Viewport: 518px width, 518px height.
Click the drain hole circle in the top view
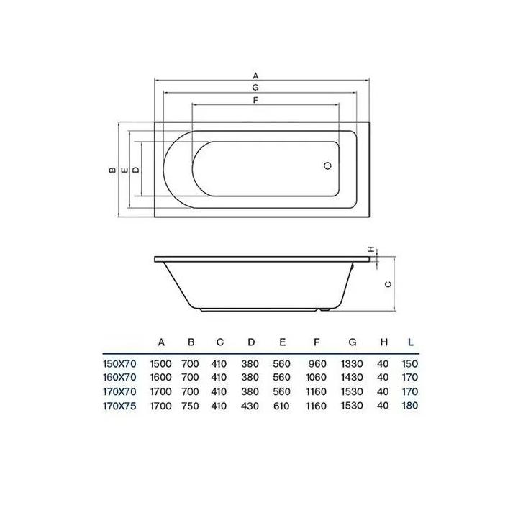[x=327, y=165]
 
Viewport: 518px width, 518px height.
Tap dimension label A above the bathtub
[x=255, y=75]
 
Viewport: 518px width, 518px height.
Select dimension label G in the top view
[x=255, y=87]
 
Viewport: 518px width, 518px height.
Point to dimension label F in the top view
[x=255, y=100]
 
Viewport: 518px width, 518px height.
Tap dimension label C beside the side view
[x=388, y=283]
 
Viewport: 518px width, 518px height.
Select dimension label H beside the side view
[x=372, y=249]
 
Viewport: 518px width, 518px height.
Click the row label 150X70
[x=119, y=364]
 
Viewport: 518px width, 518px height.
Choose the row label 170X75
[x=119, y=406]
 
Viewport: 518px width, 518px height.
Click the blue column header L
[x=411, y=342]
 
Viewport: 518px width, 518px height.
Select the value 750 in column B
[x=191, y=406]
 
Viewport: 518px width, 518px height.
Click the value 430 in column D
[x=250, y=406]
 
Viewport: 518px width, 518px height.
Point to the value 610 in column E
[x=281, y=406]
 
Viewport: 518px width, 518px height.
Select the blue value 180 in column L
[x=410, y=406]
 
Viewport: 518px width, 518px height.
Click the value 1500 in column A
[x=160, y=364]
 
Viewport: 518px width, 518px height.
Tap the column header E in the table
[x=282, y=342]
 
